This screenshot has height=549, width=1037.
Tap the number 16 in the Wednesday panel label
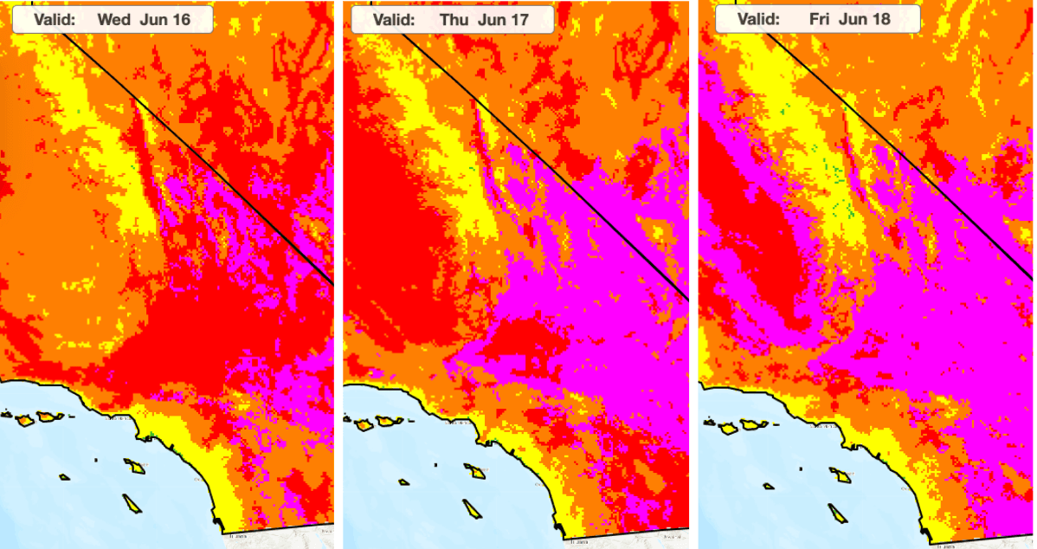180,19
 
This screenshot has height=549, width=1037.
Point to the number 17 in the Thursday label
527,19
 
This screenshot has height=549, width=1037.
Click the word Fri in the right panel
818,19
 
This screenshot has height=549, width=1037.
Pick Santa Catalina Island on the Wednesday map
134,467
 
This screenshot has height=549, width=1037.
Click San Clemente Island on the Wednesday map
131,503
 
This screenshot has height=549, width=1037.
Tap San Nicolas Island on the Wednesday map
65,477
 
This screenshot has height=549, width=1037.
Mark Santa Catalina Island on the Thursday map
474,471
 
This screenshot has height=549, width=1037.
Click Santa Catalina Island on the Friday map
840,475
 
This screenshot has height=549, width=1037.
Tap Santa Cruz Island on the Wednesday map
50,417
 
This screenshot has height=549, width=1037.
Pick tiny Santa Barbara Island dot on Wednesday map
97,460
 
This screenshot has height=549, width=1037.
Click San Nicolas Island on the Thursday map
403,482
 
